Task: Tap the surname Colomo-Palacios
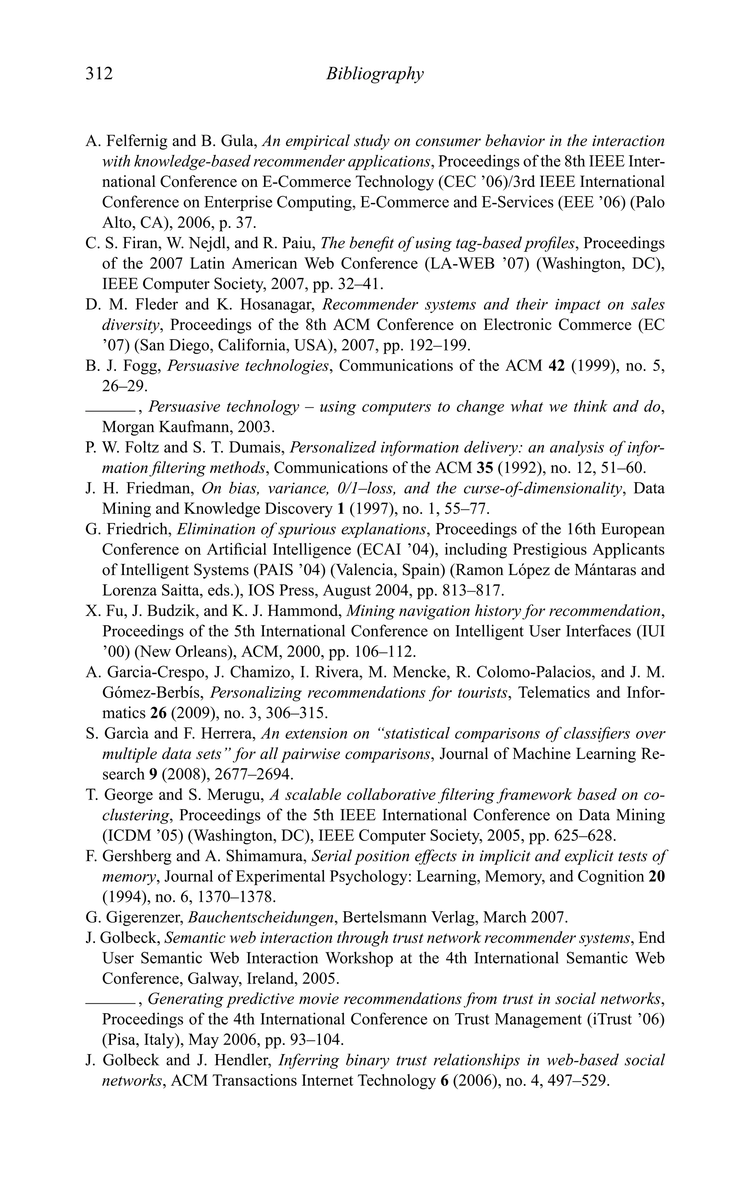[x=524, y=672]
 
